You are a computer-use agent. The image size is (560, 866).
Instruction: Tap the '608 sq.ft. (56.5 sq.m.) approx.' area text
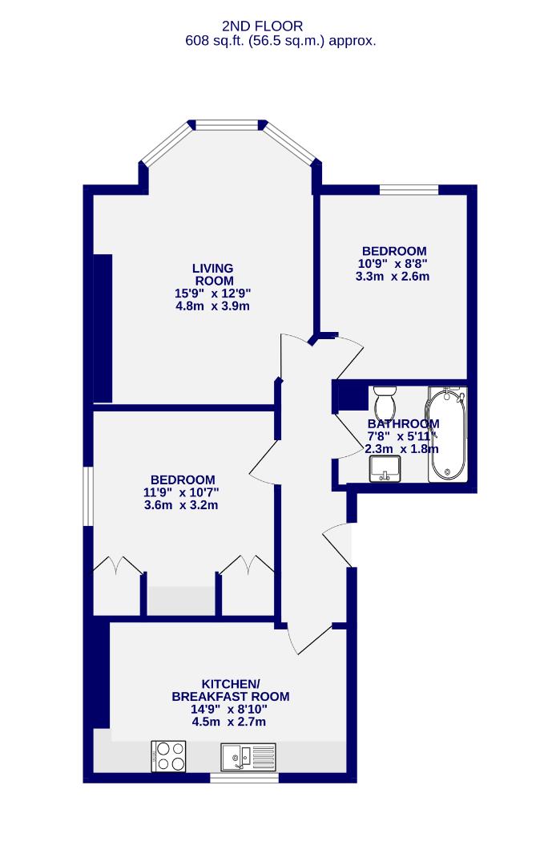click(x=280, y=40)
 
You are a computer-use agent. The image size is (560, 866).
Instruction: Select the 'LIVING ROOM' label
click(x=212, y=274)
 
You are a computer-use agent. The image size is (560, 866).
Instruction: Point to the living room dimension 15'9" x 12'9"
click(x=212, y=293)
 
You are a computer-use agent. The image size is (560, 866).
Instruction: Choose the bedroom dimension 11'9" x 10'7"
click(x=181, y=492)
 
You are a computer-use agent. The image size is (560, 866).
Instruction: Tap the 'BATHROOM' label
click(x=403, y=424)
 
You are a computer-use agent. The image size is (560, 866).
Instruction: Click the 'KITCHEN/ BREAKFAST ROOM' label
click(x=231, y=690)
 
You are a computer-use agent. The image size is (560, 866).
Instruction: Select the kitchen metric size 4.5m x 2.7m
click(x=229, y=722)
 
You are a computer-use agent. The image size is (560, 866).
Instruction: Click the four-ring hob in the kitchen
click(x=169, y=755)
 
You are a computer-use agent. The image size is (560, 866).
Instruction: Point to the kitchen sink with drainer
click(x=248, y=755)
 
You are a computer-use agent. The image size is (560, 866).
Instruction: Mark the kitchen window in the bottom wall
click(x=244, y=776)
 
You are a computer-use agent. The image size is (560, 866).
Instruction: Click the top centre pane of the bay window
click(x=228, y=124)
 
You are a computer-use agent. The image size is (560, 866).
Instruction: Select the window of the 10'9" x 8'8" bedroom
click(x=409, y=189)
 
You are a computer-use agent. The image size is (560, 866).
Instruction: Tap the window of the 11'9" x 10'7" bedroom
click(x=89, y=497)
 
